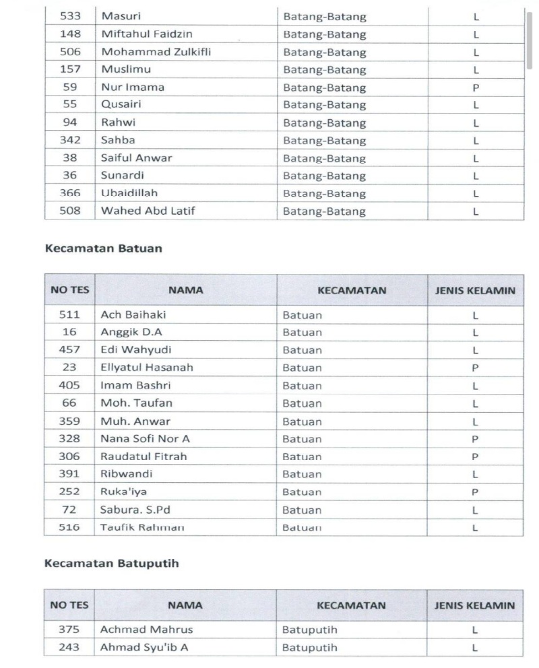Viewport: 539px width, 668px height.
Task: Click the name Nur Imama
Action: [133, 87]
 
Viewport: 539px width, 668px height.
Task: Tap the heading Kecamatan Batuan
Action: [103, 248]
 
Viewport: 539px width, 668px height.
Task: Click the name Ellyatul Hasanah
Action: [146, 368]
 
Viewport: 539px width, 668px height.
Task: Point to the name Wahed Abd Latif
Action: [148, 211]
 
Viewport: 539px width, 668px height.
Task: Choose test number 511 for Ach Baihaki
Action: [70, 314]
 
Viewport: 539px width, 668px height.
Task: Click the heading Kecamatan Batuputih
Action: [112, 564]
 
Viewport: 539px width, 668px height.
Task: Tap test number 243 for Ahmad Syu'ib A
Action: [70, 648]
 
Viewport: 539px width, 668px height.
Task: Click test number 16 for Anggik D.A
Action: [70, 332]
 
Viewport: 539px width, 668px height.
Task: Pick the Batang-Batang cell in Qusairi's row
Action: [325, 105]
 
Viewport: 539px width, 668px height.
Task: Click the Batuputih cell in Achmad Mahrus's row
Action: [310, 630]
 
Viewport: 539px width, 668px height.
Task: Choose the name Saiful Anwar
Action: [136, 158]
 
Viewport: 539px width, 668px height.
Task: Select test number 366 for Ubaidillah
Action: [70, 193]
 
